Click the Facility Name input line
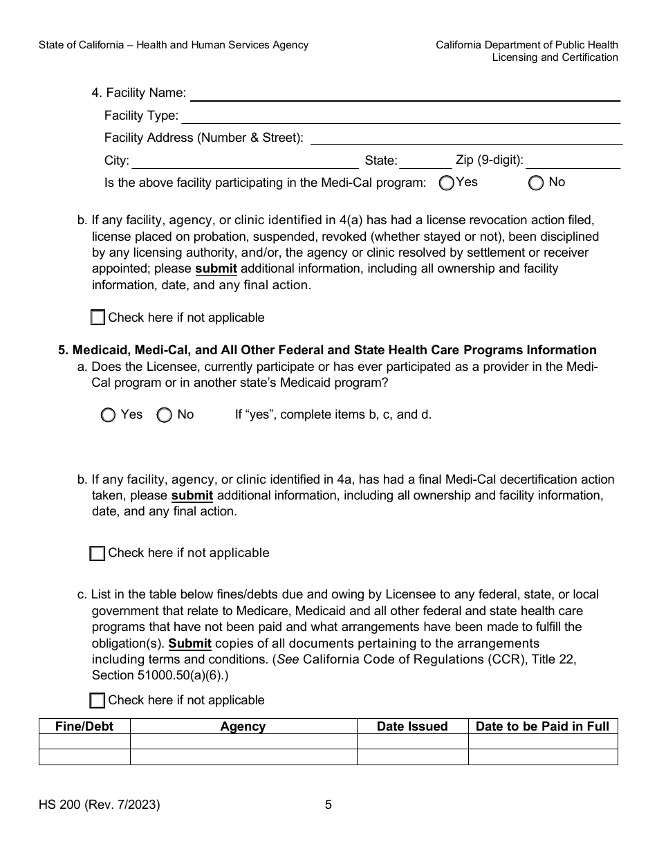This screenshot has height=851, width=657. pos(405,94)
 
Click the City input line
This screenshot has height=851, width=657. pos(246,162)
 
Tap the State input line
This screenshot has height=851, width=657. pos(425,162)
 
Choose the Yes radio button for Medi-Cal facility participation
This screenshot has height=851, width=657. pos(447,183)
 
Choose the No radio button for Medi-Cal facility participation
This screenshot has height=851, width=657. pos(536,183)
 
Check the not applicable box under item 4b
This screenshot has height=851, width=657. pos(98,318)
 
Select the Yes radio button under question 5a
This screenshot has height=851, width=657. pos(108,415)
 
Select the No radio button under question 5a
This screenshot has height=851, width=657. pos(165,415)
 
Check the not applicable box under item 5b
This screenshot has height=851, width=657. pos(98,553)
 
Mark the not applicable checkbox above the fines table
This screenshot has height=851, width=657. pos(98,700)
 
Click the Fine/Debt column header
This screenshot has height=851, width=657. pos(84,726)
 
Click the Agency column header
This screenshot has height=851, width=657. pos(243,726)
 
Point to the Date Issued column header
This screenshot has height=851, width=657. pos(412,726)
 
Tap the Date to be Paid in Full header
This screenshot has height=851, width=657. pos(543,726)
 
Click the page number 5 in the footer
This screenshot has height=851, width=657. pos(328,805)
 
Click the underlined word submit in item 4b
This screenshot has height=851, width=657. pos(216,268)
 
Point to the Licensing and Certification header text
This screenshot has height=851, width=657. pos(555,57)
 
